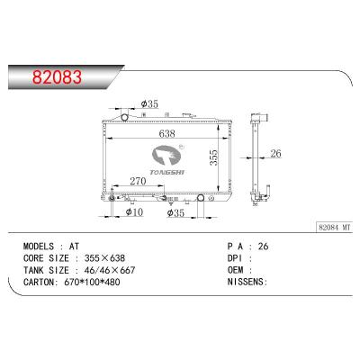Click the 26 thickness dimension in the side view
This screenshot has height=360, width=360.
coord(275,154)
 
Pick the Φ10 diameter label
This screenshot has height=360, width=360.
coord(133,212)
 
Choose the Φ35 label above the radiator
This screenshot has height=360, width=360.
coord(149,104)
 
